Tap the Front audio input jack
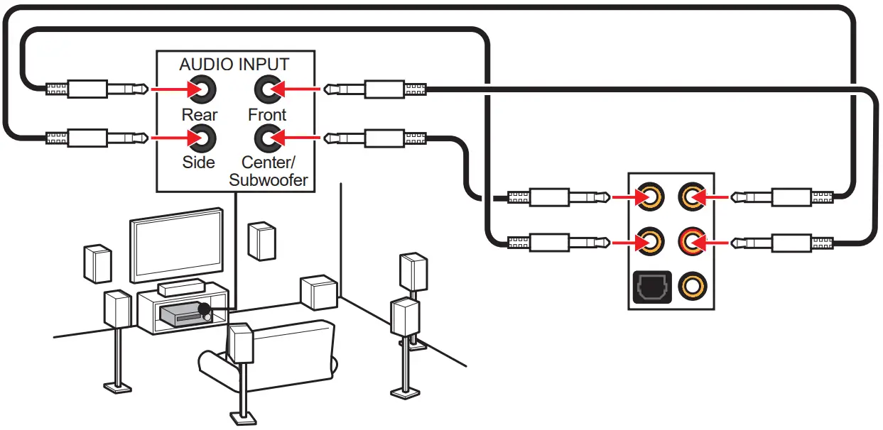[x=267, y=90]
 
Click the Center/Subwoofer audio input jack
[x=267, y=137]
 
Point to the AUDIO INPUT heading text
[x=234, y=64]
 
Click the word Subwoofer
[x=269, y=180]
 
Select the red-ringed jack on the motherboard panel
[x=692, y=243]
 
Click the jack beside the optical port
[x=692, y=287]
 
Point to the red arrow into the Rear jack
[x=170, y=90]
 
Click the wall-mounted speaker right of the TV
[x=261, y=241]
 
